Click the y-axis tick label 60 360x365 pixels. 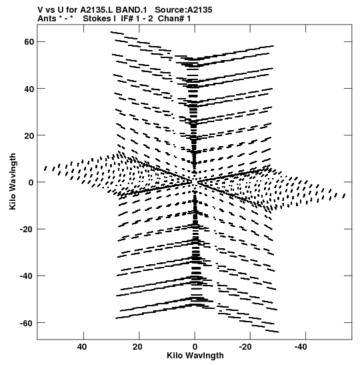pos(29,42)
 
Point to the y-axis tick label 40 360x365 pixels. pos(29,89)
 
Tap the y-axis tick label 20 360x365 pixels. pos(29,135)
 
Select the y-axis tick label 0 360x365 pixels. pos(31,182)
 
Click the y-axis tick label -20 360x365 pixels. pos(27,230)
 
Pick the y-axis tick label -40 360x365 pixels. pos(27,276)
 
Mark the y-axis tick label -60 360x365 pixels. pos(27,323)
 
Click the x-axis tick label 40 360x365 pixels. pos(82,347)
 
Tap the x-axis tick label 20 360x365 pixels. pos(137,347)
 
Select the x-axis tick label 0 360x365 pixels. pos(195,347)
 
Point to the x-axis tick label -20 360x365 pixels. pos(245,347)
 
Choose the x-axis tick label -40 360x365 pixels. pos(301,347)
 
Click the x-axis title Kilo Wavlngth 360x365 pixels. pos(195,356)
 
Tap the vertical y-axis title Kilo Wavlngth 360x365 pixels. pos(13,181)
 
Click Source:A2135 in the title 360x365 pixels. pos(183,10)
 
